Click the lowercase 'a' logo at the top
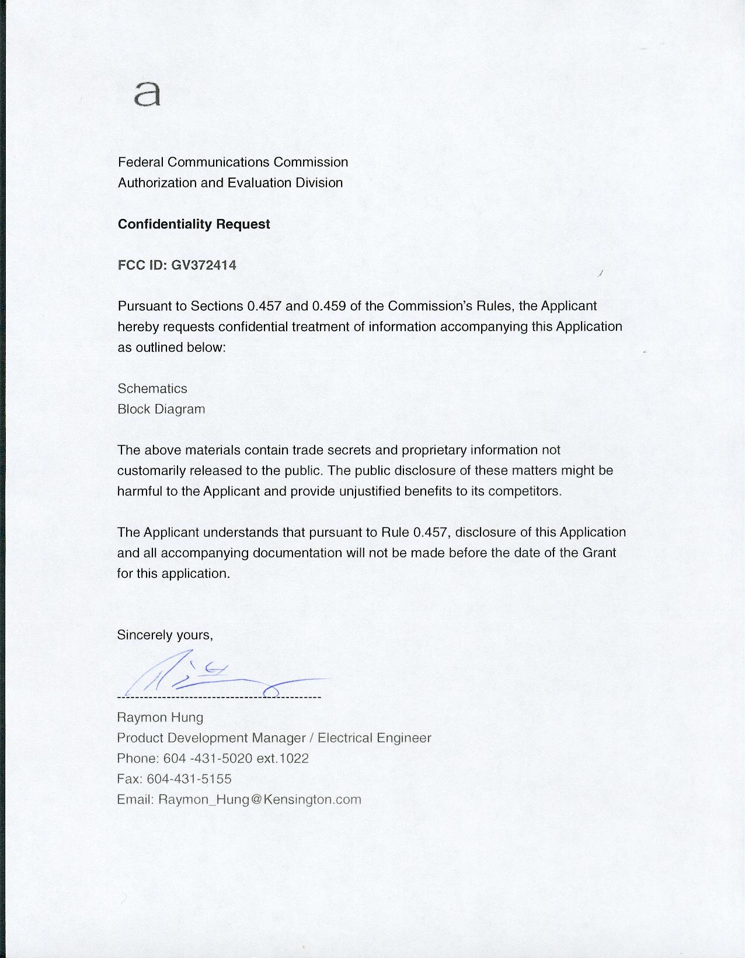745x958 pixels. [147, 94]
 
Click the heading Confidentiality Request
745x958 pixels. [194, 224]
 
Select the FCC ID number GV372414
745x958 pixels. [203, 265]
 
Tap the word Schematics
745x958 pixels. [152, 388]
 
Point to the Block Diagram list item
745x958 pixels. [161, 409]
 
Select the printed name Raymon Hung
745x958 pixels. [160, 717]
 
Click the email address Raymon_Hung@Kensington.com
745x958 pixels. [260, 799]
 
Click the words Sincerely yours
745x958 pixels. [165, 635]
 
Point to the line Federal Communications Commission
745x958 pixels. [233, 162]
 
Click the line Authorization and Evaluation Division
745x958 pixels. [230, 183]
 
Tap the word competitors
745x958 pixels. [524, 491]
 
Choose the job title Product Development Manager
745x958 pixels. [211, 738]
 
